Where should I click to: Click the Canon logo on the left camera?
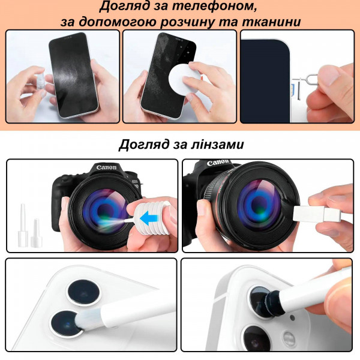click(x=107, y=167)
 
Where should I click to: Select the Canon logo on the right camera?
click(x=218, y=163)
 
